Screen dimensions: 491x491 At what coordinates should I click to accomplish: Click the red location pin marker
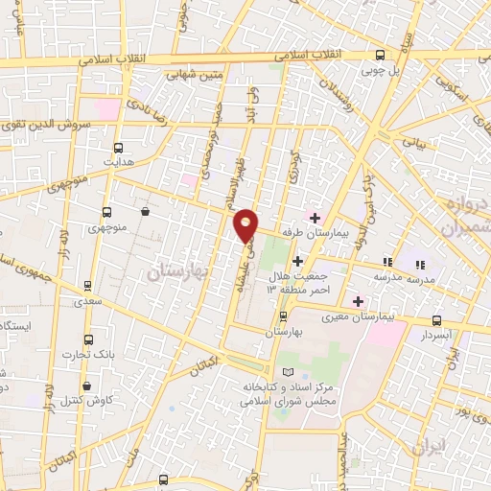click(246, 226)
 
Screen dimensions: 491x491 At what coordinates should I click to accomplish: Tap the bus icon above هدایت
click(119, 148)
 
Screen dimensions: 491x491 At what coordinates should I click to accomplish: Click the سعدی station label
click(87, 301)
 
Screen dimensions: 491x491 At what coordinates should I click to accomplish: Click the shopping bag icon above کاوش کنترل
click(87, 386)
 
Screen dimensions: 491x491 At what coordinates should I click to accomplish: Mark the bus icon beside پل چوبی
click(380, 54)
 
